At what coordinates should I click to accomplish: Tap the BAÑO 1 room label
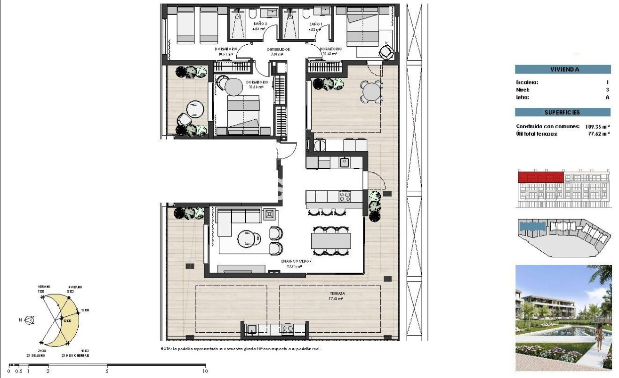[315, 24]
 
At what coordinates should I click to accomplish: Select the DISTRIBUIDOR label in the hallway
[278, 49]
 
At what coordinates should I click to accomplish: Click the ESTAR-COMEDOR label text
[293, 261]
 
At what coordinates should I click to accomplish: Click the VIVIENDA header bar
[564, 70]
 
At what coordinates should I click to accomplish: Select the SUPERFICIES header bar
[564, 113]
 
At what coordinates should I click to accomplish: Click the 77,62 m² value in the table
[599, 134]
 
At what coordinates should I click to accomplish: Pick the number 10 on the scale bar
[205, 371]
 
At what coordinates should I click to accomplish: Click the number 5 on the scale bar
[107, 371]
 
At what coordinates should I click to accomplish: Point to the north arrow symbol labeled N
[29, 320]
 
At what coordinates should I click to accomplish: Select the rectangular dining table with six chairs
[330, 241]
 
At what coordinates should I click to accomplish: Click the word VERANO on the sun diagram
[44, 287]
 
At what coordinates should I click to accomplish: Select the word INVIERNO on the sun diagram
[74, 287]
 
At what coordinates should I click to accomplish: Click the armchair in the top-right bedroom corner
[386, 51]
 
